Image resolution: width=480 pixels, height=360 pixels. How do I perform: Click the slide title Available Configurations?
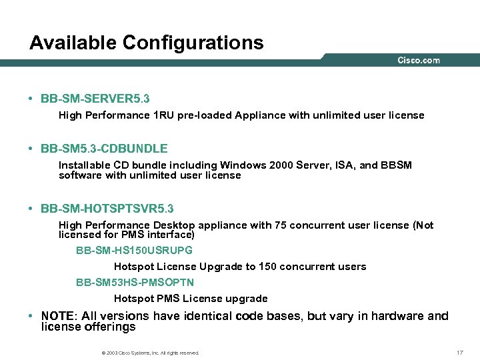click(146, 43)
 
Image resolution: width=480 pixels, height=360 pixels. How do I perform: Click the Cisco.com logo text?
click(419, 61)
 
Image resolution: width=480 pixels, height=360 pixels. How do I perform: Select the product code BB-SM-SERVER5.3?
click(95, 99)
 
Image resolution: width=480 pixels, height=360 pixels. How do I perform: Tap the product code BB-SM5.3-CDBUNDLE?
click(104, 149)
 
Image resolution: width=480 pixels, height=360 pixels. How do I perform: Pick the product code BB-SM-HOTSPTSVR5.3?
click(107, 209)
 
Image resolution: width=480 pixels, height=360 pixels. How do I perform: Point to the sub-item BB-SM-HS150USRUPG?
click(134, 251)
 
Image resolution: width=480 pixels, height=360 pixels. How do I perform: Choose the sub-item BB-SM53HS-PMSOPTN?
click(135, 283)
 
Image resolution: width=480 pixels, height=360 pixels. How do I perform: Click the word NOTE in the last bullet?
click(57, 316)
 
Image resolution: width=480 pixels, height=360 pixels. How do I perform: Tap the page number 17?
click(459, 352)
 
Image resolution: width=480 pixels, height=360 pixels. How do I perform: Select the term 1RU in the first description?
click(164, 115)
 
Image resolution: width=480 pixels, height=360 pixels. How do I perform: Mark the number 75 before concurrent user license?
click(282, 225)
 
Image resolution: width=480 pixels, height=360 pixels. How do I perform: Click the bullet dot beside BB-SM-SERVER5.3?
click(31, 99)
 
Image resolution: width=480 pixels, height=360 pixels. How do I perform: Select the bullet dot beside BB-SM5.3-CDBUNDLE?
click(31, 149)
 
